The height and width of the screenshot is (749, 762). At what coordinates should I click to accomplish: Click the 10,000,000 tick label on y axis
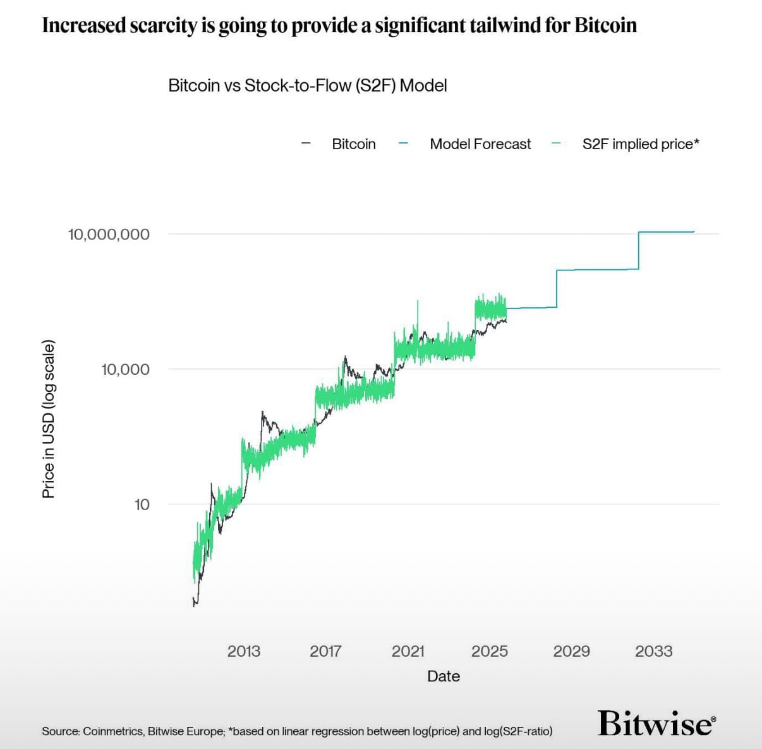coord(109,234)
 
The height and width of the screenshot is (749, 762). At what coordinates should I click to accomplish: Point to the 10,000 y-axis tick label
coord(125,369)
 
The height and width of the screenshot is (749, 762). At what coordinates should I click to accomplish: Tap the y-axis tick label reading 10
coord(142,504)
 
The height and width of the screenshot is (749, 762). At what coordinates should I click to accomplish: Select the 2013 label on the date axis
coord(243,651)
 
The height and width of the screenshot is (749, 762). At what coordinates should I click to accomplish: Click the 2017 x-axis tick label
coord(325,651)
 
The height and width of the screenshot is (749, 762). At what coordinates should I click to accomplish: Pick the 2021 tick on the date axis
coord(408,651)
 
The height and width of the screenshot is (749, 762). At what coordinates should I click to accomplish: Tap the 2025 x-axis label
coord(490,651)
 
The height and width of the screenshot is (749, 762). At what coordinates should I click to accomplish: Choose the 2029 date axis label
coord(571,651)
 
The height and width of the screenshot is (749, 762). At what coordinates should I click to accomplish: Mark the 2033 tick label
coord(653,651)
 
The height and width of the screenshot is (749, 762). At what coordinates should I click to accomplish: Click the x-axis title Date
coord(444,676)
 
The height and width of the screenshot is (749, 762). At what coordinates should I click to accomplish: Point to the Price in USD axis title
coord(49,419)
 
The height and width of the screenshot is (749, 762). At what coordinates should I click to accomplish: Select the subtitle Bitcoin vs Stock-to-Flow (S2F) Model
coord(307,85)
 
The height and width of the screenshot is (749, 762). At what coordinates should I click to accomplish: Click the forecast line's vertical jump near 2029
coord(557,289)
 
